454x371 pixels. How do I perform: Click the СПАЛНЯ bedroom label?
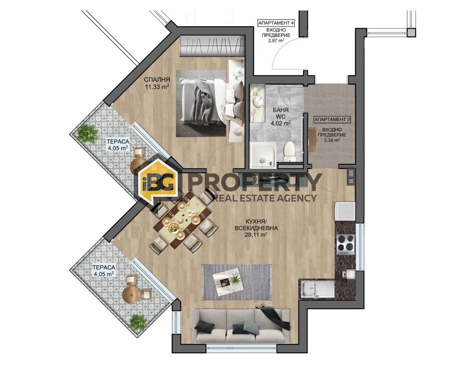pyautogui.click(x=157, y=80)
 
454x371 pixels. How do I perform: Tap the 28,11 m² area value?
pyautogui.click(x=256, y=235)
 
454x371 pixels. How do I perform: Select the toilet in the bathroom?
pyautogui.click(x=289, y=152)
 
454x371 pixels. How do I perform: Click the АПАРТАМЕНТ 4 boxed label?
pyautogui.click(x=276, y=23)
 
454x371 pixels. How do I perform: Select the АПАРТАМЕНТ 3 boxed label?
pyautogui.click(x=332, y=119)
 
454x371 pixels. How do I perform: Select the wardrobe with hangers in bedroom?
pyautogui.click(x=212, y=46)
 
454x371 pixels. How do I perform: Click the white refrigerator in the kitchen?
pyautogui.click(x=345, y=211)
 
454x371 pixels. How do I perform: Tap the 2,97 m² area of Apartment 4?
pyautogui.click(x=276, y=41)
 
